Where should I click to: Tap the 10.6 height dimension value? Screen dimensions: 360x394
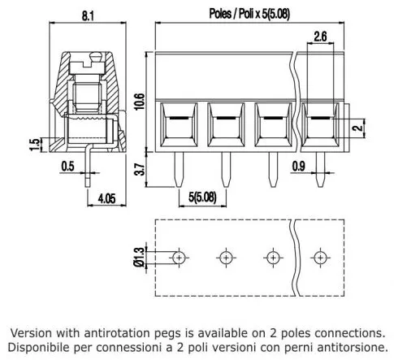coord(140,102)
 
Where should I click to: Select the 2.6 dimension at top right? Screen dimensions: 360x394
coord(321,36)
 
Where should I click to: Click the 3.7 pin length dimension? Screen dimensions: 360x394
coord(140,170)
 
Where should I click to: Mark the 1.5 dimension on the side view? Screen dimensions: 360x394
coord(33,145)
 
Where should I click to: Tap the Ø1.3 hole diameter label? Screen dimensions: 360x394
coord(139,257)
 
